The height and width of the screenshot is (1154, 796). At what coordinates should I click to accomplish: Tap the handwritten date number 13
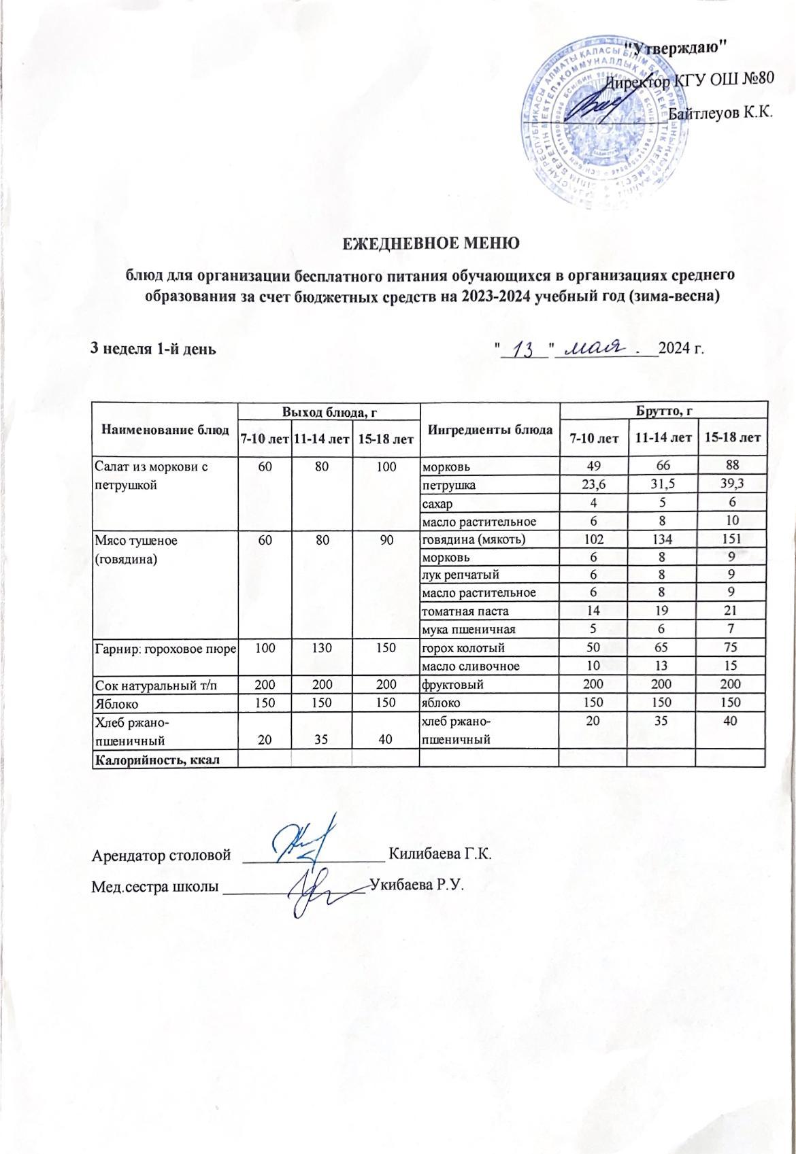click(524, 350)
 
